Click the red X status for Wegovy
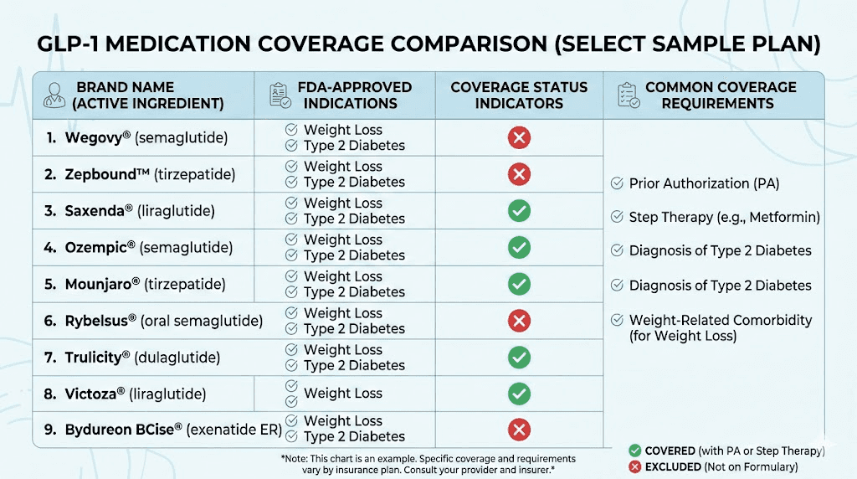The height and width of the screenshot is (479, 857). [x=519, y=137]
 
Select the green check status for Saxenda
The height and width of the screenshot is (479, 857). [x=519, y=210]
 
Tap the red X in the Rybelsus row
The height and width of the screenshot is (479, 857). [x=519, y=321]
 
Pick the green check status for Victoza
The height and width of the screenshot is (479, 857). [x=519, y=394]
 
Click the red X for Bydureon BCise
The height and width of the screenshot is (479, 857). [x=519, y=430]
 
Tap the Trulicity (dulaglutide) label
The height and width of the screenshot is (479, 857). [x=142, y=358]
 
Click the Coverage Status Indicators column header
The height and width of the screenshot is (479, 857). [x=519, y=95]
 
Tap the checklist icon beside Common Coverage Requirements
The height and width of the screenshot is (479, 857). [x=627, y=95]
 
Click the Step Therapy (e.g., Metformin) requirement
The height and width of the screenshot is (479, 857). [x=724, y=217]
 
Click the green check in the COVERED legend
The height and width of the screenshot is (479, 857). [x=635, y=451]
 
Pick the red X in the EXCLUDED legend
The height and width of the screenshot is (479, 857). [x=635, y=466]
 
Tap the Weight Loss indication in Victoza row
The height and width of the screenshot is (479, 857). [x=342, y=394]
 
